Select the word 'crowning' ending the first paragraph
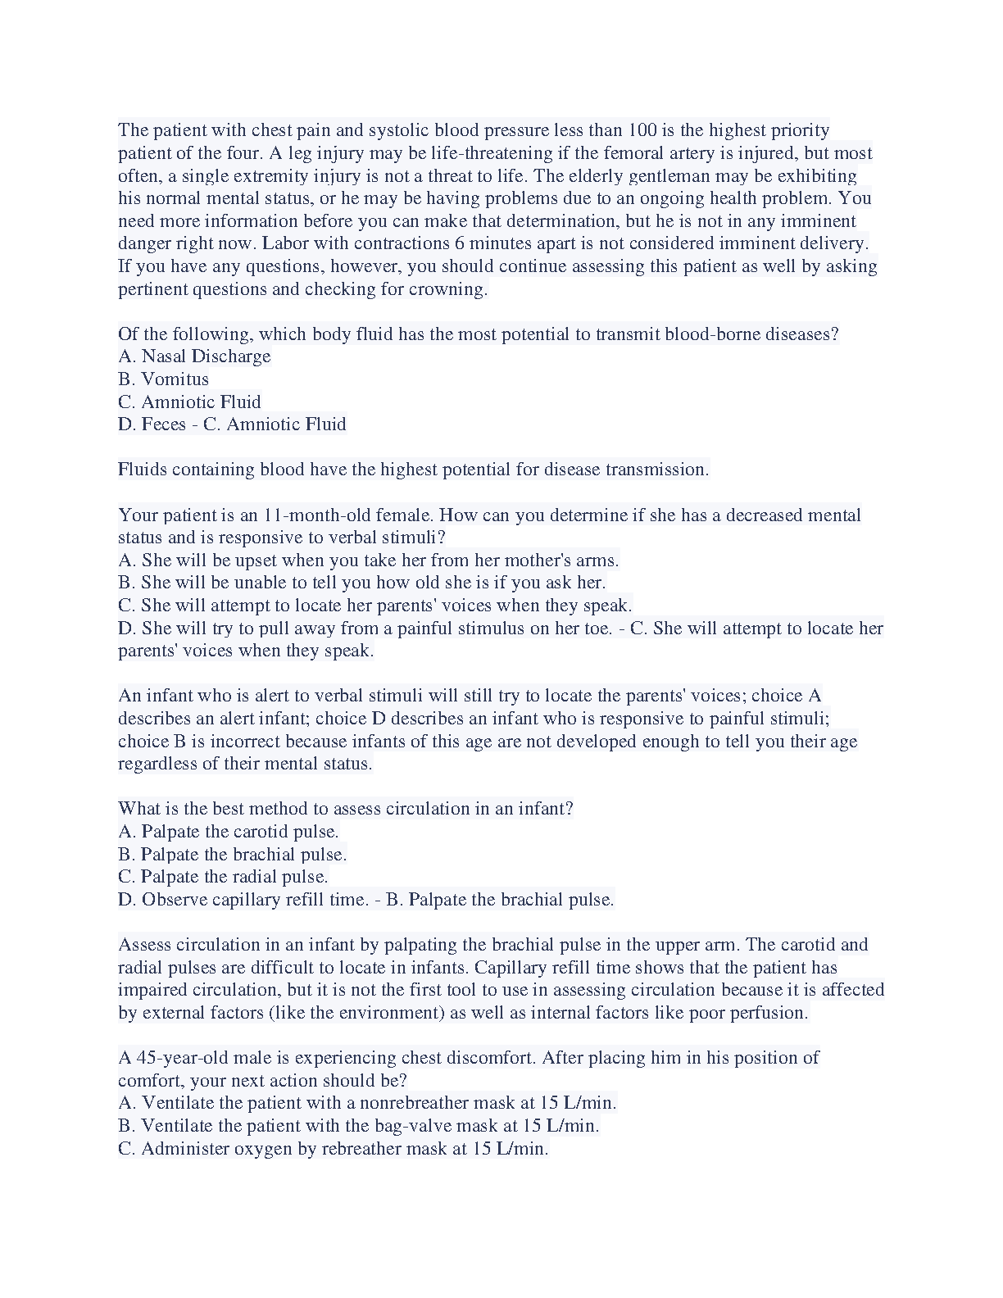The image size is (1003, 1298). (447, 289)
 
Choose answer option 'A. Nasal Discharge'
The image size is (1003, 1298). (194, 356)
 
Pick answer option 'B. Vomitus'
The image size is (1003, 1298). (163, 379)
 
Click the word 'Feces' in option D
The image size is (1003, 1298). (164, 424)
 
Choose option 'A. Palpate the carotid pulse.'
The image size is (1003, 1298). (228, 832)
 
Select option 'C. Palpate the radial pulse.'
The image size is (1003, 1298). (223, 877)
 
